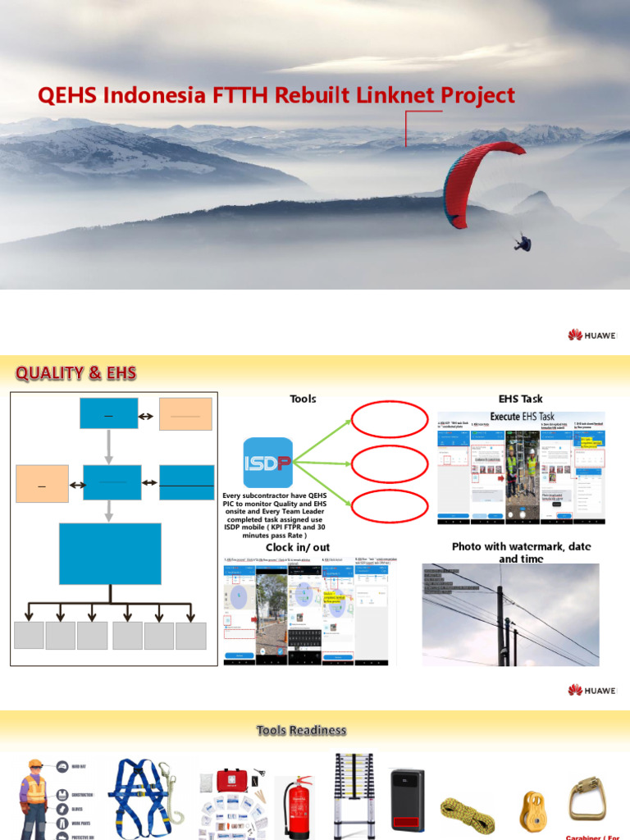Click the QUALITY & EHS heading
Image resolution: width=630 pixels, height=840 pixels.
pos(75,374)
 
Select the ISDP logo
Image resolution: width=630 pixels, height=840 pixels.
pos(268,463)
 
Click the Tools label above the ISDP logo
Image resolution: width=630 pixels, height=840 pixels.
pos(303,399)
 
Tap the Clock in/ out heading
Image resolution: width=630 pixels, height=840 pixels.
pos(298,547)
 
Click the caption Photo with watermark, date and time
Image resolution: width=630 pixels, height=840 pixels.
pos(521,552)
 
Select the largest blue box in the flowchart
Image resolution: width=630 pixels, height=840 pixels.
pos(110,554)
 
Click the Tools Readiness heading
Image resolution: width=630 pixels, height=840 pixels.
pos(301,730)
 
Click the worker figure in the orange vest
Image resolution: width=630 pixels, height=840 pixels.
pos(34,800)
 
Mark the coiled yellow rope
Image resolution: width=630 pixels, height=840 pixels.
pos(468,811)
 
